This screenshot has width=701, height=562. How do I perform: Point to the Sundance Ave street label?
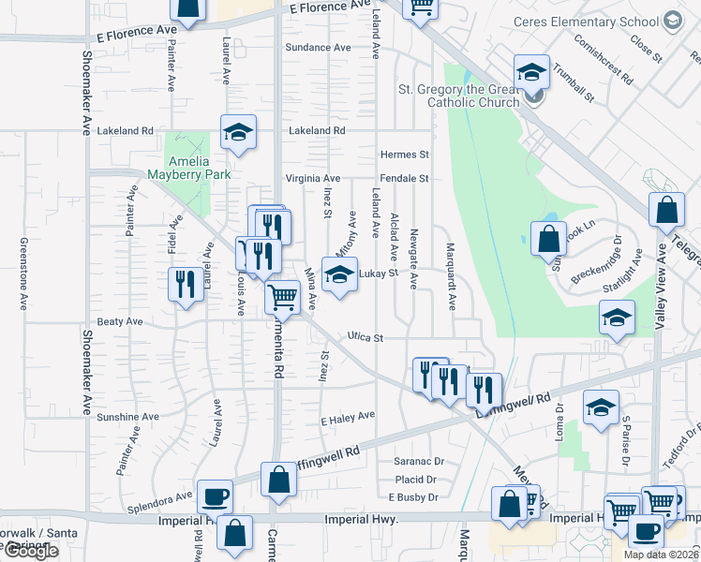[318, 47]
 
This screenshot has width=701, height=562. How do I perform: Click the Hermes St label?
[404, 155]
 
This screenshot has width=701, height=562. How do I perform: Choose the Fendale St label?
[404, 178]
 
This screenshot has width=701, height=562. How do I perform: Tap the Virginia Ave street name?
[312, 178]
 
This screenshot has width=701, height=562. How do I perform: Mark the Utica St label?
[365, 337]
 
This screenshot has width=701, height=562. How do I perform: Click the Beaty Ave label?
[120, 321]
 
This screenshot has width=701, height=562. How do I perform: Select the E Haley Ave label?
[347, 415]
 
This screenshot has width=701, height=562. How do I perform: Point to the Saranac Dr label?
[418, 462]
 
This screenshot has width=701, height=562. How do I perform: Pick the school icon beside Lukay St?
[338, 274]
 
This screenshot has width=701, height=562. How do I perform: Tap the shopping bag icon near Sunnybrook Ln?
[548, 238]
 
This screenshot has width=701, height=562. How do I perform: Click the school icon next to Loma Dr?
[601, 407]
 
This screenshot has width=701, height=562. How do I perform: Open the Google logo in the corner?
[30, 551]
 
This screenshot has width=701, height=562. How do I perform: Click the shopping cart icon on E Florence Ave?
[421, 7]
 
